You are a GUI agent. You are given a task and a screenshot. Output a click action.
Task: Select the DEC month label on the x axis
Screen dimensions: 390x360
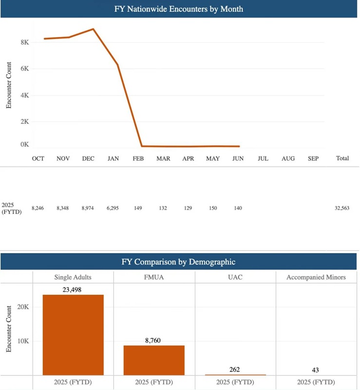[88, 158]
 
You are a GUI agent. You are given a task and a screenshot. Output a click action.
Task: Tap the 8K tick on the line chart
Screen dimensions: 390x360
[24, 42]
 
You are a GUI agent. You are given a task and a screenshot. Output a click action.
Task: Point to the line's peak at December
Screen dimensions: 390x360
[93, 29]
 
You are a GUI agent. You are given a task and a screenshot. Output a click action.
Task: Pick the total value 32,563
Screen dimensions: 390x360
[341, 208]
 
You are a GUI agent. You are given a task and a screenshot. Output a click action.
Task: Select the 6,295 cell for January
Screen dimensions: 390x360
[114, 208]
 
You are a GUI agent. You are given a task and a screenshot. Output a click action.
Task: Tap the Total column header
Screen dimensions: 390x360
[342, 158]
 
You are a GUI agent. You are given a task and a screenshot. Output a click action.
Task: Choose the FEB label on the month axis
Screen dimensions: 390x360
[138, 158]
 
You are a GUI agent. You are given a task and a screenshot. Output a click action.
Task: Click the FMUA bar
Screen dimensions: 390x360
[154, 360]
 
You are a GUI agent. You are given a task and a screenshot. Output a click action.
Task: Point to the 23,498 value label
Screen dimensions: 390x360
[73, 289]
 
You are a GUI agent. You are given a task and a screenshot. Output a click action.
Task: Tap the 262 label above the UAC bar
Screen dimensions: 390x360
[235, 369]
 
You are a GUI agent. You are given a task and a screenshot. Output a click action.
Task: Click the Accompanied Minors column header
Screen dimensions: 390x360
[317, 277]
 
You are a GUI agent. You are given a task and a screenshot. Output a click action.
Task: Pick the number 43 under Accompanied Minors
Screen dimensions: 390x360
[317, 370]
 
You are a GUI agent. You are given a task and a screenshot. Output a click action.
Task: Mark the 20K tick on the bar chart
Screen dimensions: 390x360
[24, 307]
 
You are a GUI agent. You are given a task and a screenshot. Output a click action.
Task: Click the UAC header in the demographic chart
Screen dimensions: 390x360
[235, 277]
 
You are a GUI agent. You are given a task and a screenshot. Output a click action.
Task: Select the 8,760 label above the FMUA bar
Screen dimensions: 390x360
[154, 340]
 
